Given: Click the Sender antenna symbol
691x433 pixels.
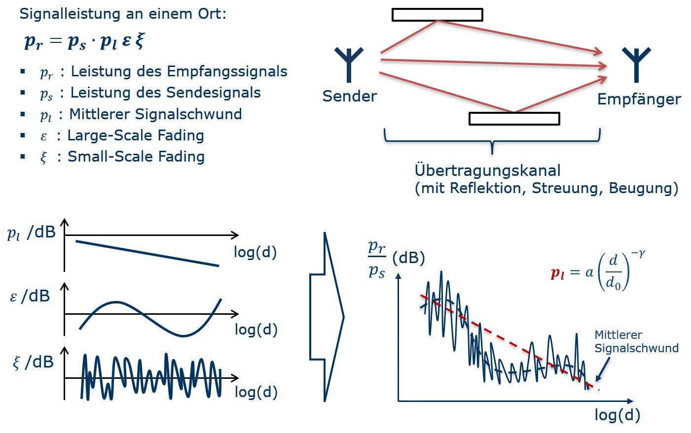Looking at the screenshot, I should click(x=349, y=64).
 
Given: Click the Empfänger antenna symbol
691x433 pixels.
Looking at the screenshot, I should click(x=636, y=64).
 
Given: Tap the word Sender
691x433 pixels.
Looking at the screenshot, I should click(x=349, y=96).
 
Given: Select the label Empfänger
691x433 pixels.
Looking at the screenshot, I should click(x=639, y=99).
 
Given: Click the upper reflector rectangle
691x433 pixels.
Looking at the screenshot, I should click(x=437, y=15).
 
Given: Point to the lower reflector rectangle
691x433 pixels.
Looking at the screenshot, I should click(x=514, y=119).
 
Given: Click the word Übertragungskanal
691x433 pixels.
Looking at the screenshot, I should click(x=487, y=170).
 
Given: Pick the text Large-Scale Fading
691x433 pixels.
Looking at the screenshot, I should click(x=136, y=135).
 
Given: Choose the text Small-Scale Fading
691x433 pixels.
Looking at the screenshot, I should click(x=136, y=157).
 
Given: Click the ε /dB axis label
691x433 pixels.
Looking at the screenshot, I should click(x=30, y=296).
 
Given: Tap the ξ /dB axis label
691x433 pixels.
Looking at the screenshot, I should click(x=33, y=362).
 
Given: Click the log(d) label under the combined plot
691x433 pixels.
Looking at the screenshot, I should click(x=617, y=415).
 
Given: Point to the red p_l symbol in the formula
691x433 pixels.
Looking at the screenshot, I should click(x=557, y=273).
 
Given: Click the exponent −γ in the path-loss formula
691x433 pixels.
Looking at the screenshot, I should click(x=638, y=254).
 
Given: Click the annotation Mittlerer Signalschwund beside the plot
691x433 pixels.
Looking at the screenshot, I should click(x=636, y=341).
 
